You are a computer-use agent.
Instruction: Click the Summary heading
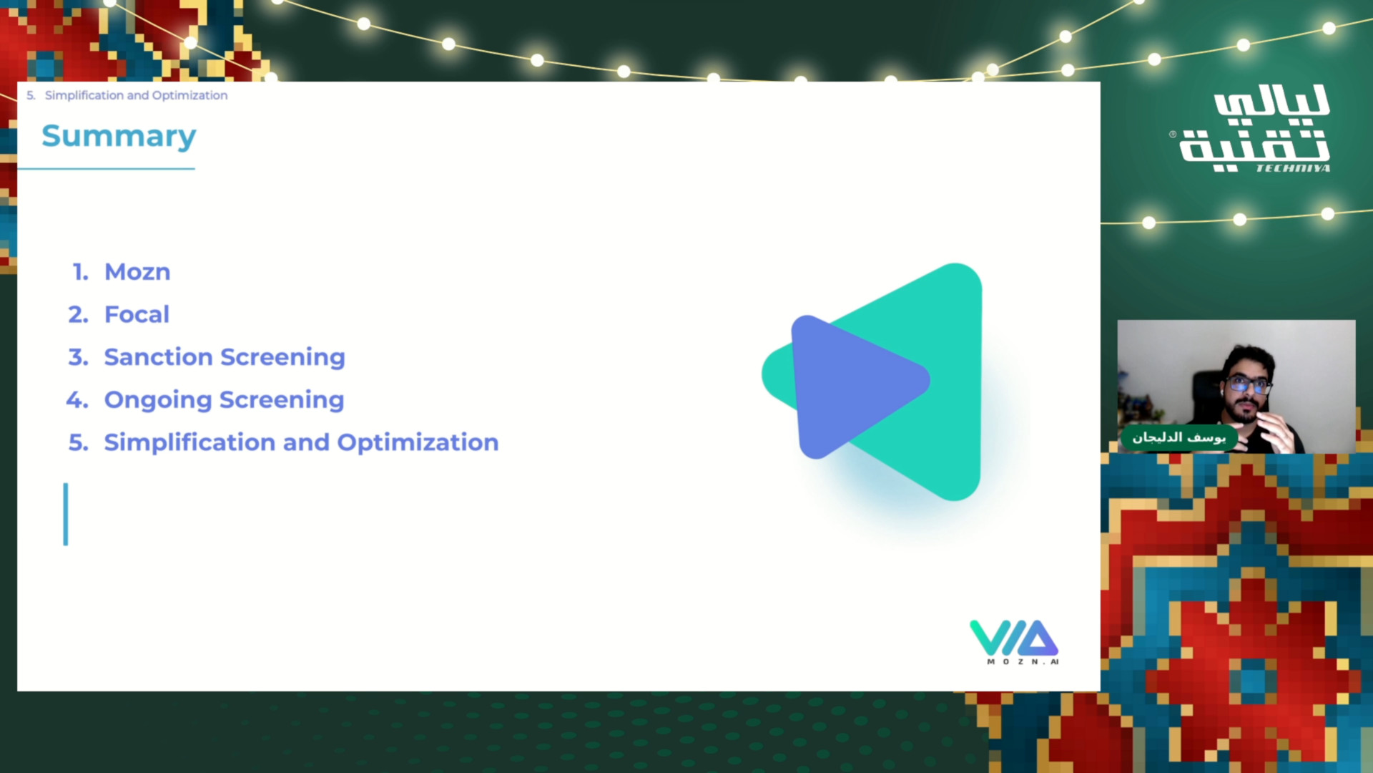[119, 136]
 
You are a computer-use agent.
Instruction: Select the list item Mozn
[137, 272]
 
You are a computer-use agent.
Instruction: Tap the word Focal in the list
[137, 314]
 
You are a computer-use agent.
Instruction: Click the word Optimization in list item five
[418, 443]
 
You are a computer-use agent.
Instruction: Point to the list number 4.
[77, 400]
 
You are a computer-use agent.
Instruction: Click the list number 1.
[80, 272]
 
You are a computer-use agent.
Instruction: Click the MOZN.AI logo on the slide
[1014, 641]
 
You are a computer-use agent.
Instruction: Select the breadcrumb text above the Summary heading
[127, 95]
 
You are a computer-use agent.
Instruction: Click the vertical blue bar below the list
[66, 514]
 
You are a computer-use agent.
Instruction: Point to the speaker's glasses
[1248, 386]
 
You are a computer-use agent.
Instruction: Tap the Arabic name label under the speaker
[1178, 437]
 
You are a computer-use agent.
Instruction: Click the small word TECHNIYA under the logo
[1293, 168]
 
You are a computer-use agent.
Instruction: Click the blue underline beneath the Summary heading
[106, 169]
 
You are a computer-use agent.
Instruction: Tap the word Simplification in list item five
[190, 443]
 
